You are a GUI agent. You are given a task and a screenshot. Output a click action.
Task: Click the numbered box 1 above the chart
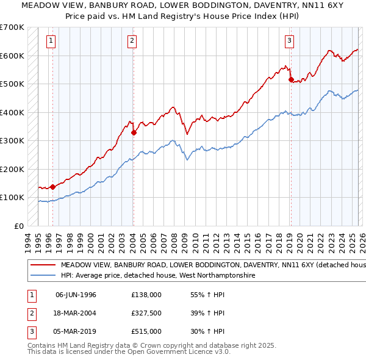pos(50,41)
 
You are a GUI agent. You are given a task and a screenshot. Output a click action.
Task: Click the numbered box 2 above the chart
pos(132,41)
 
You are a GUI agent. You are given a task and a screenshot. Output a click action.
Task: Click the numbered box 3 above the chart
pos(289,41)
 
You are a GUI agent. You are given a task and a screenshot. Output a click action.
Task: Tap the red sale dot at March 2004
pos(134,131)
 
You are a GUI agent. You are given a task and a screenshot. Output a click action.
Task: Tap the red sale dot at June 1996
pos(52,187)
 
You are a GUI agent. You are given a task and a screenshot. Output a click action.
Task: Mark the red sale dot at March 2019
pos(291,79)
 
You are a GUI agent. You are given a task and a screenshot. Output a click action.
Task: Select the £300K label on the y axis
pos(12,141)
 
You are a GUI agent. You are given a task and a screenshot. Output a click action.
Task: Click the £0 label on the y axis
pos(18,226)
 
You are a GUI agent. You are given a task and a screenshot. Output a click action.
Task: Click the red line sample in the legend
pos(43,265)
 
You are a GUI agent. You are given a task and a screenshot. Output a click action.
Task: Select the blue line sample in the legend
pos(43,276)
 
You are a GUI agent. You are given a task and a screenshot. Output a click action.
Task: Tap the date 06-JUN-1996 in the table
pos(76,295)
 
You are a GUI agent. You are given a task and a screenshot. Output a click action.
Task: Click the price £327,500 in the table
pos(146,313)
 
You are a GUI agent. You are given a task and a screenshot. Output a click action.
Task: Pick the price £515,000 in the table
pos(146,331)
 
